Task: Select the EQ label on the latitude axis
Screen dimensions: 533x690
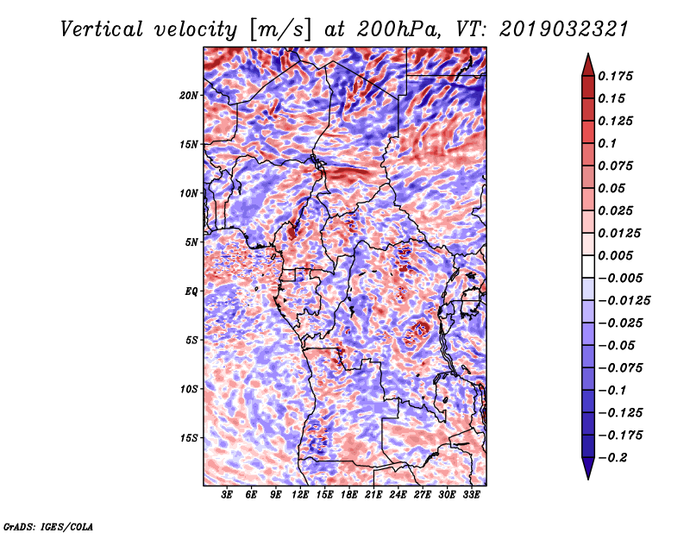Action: pyautogui.click(x=191, y=292)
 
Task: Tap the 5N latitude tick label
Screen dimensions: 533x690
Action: pyautogui.click(x=192, y=242)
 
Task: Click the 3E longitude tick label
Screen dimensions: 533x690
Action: pyautogui.click(x=228, y=495)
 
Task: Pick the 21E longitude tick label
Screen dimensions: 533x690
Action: pyautogui.click(x=374, y=495)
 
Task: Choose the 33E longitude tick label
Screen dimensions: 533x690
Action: pyautogui.click(x=472, y=495)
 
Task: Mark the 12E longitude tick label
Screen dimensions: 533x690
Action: pyautogui.click(x=301, y=495)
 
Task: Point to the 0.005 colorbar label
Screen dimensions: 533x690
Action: pyautogui.click(x=618, y=255)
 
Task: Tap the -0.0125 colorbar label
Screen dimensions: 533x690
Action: pyautogui.click(x=625, y=300)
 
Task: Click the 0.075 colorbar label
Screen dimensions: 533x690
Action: pyautogui.click(x=618, y=166)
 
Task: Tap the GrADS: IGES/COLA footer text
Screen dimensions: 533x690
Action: pyautogui.click(x=47, y=525)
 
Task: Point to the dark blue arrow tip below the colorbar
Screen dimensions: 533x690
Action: pyautogui.click(x=586, y=473)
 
